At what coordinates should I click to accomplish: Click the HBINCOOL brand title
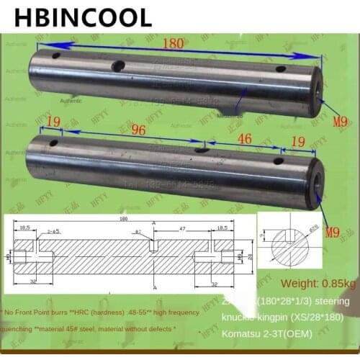[x=86, y=16]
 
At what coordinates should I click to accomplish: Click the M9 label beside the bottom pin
[x=332, y=232]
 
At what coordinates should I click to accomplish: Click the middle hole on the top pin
[x=117, y=66]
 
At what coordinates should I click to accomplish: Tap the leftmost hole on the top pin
[x=55, y=54]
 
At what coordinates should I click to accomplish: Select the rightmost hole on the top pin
[x=281, y=70]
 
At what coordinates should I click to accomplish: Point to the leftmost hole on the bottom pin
[x=53, y=143]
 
